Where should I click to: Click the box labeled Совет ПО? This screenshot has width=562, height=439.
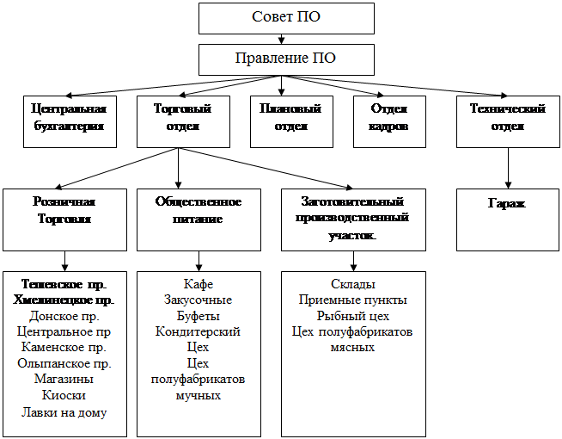coord(286,19)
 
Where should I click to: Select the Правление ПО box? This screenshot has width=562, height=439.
coord(286,59)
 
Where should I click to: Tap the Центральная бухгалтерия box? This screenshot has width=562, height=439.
coord(70,121)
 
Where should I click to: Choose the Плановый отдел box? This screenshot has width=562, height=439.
coord(291,121)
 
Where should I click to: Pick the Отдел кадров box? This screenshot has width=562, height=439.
coord(389,121)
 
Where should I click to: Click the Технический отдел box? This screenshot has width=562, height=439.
coord(508,121)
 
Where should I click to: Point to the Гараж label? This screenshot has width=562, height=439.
coord(507,203)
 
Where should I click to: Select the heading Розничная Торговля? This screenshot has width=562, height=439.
coord(64,210)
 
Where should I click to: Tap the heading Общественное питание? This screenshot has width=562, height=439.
coord(199,210)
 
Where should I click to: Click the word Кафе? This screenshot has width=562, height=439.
coord(199,284)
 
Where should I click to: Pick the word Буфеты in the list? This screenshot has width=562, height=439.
coord(199,316)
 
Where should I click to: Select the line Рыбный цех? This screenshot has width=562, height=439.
coord(353,316)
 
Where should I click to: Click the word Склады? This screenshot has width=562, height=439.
coord(353,284)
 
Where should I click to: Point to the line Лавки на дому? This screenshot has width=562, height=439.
coord(64,412)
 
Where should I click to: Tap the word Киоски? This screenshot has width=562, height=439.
coord(64,395)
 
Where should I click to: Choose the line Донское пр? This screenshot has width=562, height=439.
coord(64,316)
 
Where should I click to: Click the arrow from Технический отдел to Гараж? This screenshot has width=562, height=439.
coord(508,169)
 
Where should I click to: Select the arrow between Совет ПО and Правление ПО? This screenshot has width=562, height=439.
coord(281,39)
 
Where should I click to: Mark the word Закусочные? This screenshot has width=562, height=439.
coord(199,300)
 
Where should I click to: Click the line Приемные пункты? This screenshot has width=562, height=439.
coord(353,300)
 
